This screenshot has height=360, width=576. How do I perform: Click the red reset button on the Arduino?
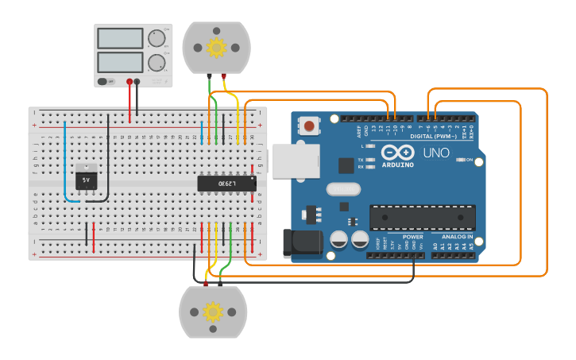(x=309, y=126)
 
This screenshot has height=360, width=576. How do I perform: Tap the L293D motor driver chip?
(x=226, y=184)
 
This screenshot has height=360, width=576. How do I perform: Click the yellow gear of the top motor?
(x=216, y=48)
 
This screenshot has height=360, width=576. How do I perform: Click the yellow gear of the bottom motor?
(x=213, y=312)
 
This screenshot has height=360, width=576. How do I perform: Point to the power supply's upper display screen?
(x=119, y=38)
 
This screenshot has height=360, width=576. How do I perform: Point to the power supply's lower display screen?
(x=119, y=62)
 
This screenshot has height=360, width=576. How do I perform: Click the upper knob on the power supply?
(x=157, y=38)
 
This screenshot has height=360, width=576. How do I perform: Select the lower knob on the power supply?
(x=157, y=62)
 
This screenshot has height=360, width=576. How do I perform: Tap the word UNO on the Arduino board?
(x=435, y=153)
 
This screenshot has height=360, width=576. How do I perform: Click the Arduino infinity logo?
(x=396, y=152)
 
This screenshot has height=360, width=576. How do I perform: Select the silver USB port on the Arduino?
(x=295, y=160)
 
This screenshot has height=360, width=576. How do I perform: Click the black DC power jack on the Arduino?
(x=302, y=243)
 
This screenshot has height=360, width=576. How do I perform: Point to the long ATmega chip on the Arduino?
(x=422, y=218)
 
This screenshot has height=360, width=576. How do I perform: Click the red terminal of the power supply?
(x=130, y=81)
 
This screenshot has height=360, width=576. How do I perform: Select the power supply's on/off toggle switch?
(x=103, y=81)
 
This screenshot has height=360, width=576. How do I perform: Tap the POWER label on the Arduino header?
(x=413, y=237)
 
